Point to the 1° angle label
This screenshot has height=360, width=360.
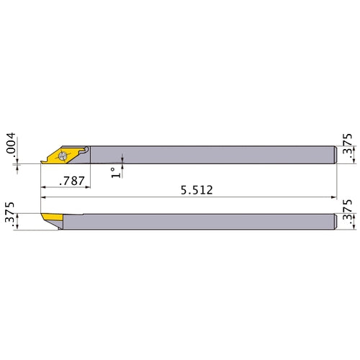[114, 172]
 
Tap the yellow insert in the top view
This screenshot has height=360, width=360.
[56, 154]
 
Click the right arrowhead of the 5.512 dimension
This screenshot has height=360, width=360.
[334, 197]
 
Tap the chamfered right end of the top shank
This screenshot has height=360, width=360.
[336, 155]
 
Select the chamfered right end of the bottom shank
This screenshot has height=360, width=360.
[336, 222]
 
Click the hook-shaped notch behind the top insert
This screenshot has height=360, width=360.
[85, 150]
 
